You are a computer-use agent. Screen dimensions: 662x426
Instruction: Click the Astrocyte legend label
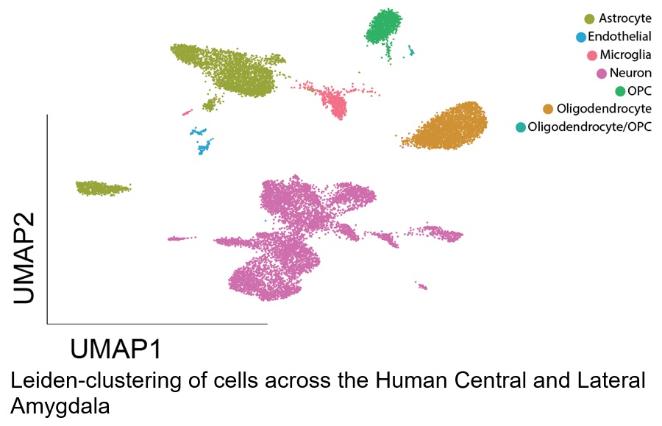[x=624, y=18]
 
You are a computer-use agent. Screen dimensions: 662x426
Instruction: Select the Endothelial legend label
[x=619, y=37]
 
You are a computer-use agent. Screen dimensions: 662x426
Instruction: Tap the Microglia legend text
[x=625, y=55]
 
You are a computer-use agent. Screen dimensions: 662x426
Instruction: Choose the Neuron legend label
[x=630, y=73]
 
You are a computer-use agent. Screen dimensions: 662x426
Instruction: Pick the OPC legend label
[x=639, y=91]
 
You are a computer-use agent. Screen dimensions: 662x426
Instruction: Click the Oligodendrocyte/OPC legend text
[x=589, y=127]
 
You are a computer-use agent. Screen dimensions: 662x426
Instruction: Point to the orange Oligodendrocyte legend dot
[x=547, y=109]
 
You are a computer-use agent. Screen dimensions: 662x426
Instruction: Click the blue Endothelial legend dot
[x=581, y=37]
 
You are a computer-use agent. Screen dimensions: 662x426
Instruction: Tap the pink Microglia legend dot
[x=592, y=55]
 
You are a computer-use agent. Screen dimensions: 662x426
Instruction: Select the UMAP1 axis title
[x=115, y=349]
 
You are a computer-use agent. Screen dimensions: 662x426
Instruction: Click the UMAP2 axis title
[x=24, y=258]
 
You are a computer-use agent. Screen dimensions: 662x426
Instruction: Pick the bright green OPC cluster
[x=383, y=27]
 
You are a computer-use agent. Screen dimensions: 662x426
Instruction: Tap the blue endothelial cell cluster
[x=202, y=141]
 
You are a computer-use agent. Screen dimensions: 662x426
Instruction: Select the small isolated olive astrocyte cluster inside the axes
[x=102, y=188]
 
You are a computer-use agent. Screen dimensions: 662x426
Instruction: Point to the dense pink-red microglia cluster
[x=335, y=102]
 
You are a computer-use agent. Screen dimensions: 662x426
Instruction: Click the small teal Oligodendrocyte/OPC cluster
[x=410, y=52]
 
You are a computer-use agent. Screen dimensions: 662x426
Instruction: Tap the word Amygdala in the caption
[x=60, y=407]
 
